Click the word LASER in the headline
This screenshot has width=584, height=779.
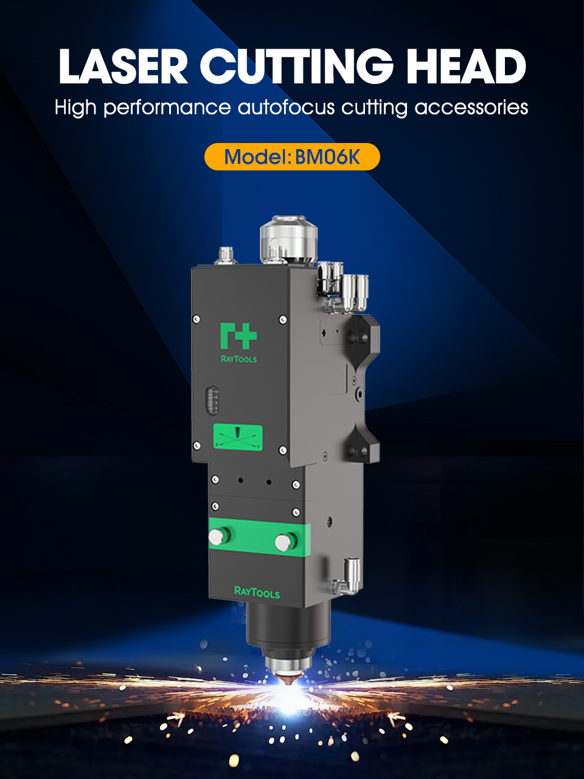[123, 66]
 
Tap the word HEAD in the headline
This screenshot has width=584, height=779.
[466, 66]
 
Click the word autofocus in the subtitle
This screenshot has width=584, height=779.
[286, 107]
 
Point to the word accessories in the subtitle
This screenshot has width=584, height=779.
[471, 108]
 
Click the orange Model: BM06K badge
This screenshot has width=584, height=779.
[292, 156]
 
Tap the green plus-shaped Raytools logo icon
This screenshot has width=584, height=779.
[238, 335]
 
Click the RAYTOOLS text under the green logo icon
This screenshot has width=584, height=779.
[238, 359]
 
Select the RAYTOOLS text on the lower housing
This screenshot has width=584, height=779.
[257, 592]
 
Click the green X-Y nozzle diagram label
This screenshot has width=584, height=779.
[238, 438]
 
